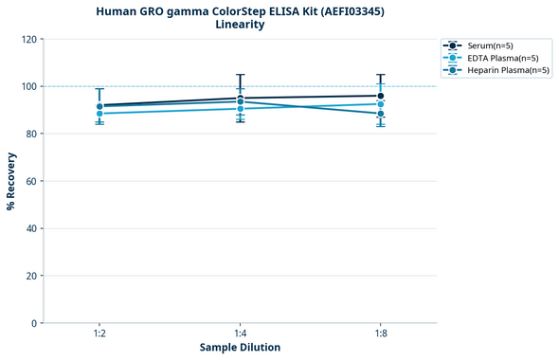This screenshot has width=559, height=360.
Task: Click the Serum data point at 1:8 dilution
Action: pyautogui.click(x=381, y=96)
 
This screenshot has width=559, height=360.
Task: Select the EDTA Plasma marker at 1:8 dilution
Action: pyautogui.click(x=381, y=103)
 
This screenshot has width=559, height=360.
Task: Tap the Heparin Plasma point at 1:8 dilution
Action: pyautogui.click(x=381, y=114)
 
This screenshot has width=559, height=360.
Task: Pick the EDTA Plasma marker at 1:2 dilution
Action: pyautogui.click(x=99, y=114)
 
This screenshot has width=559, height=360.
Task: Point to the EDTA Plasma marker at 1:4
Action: pyautogui.click(x=241, y=109)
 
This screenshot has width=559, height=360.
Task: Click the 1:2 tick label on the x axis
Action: pyautogui.click(x=99, y=333)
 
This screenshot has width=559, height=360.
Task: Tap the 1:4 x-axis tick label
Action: pyautogui.click(x=241, y=333)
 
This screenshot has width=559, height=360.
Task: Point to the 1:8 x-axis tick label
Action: pyautogui.click(x=381, y=333)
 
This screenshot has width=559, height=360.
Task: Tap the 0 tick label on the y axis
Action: pyautogui.click(x=34, y=323)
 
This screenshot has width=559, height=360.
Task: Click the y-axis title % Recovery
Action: pyautogui.click(x=11, y=181)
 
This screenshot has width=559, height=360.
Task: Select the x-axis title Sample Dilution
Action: pyautogui.click(x=240, y=348)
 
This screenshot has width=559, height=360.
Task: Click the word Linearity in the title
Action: pyautogui.click(x=240, y=25)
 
